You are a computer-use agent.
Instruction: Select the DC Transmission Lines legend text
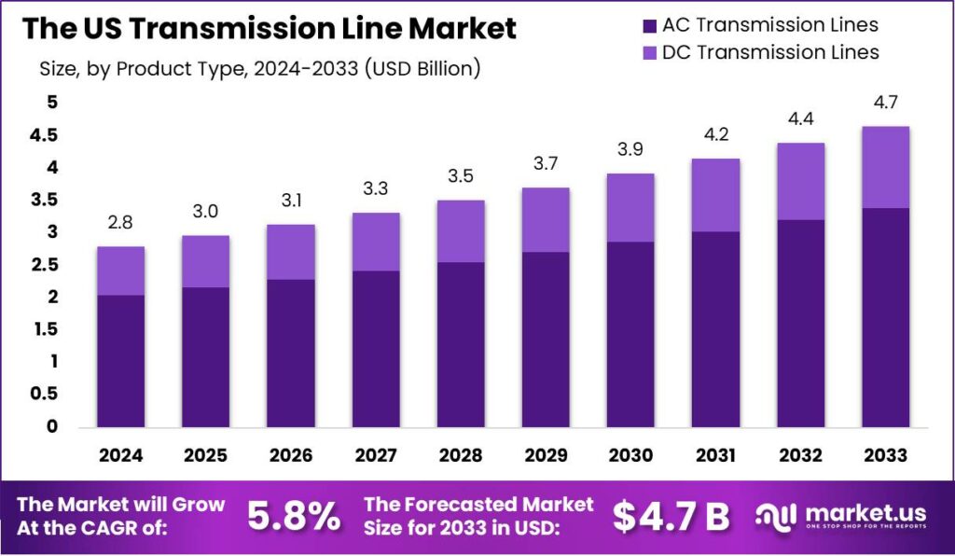[x=769, y=52]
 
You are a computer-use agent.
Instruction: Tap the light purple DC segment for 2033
[x=885, y=167]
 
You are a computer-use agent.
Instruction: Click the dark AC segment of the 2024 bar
[x=120, y=361]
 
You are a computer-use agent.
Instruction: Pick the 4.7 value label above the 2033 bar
[x=885, y=103]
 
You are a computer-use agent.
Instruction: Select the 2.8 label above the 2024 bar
[x=120, y=223]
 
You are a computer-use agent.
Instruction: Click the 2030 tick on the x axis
[x=630, y=455]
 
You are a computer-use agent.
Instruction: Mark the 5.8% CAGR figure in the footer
[x=294, y=516]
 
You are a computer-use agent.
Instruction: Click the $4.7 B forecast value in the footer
[x=672, y=516]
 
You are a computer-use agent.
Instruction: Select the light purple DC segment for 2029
[x=546, y=219]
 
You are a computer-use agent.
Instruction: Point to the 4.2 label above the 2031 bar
[x=715, y=135]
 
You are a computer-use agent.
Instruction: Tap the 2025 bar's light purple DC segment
[x=205, y=261]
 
